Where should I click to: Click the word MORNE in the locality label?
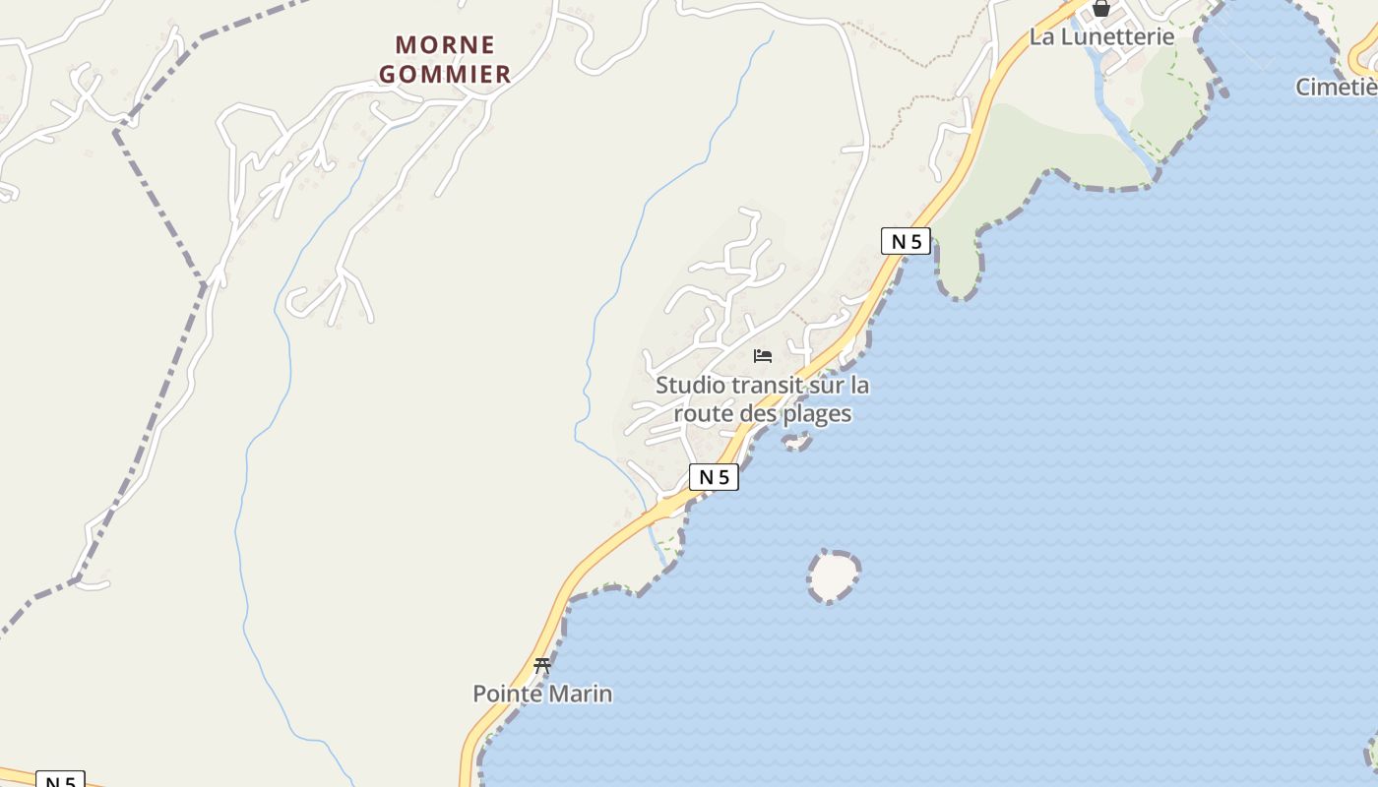445,45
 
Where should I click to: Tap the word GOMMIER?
445,74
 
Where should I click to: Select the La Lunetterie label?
1101,37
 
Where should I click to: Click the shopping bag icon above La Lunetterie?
1101,9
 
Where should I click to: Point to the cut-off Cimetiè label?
1337,88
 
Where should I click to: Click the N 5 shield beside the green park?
906,241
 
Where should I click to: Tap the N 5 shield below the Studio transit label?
714,477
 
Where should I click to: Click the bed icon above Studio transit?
763,356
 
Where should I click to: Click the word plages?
816,413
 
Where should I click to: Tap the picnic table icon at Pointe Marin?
541,666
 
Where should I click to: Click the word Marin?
580,695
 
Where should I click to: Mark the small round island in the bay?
834,575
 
